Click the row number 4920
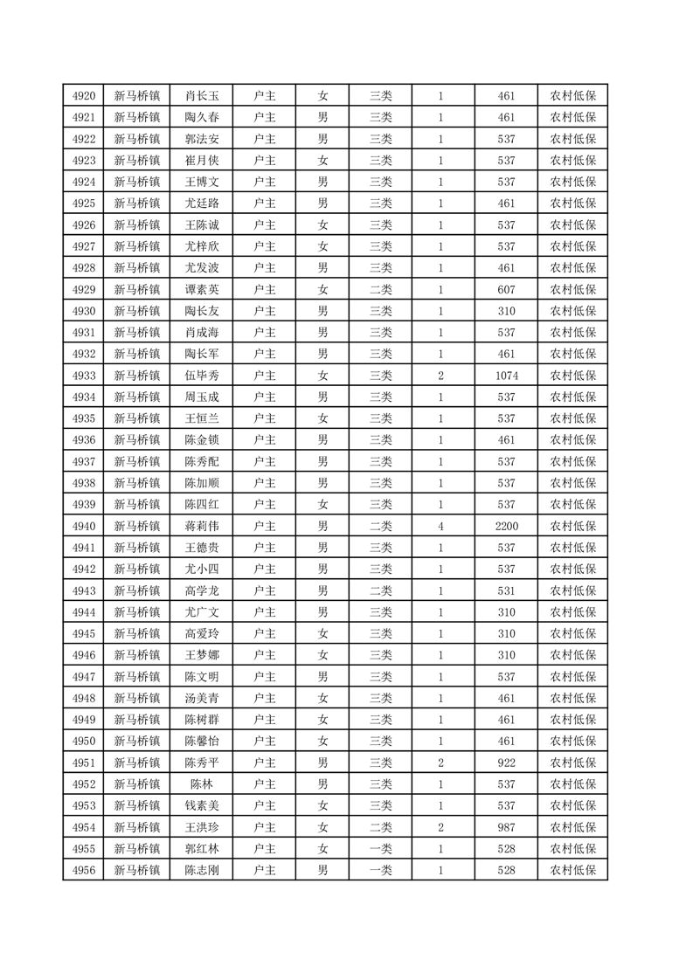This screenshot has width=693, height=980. click(84, 96)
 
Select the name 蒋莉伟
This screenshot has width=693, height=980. click(202, 527)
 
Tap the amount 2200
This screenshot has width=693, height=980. click(506, 527)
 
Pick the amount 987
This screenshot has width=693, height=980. click(506, 827)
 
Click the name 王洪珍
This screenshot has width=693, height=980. click(202, 827)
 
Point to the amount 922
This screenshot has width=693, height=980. click(506, 763)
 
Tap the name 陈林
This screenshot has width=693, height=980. click(202, 784)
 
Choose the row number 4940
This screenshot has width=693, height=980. click(84, 527)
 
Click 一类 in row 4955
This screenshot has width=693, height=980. click(380, 849)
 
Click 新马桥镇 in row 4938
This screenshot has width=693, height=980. click(137, 483)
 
